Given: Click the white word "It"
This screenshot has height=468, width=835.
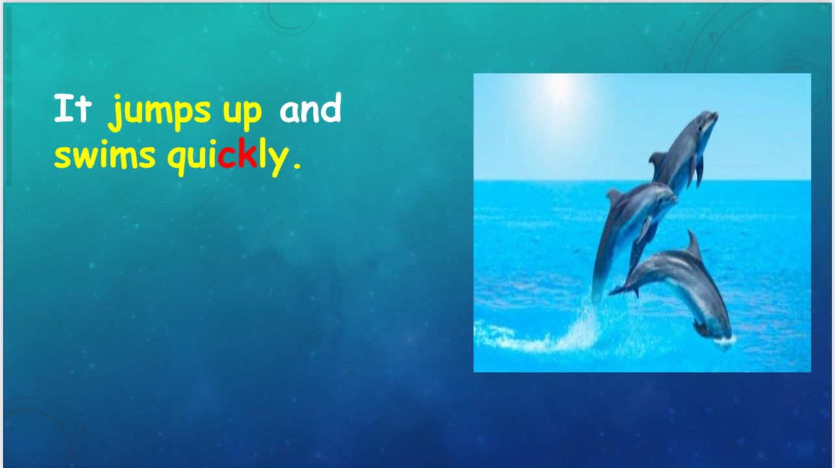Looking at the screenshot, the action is [x=73, y=108].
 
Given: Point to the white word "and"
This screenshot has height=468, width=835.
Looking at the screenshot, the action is [x=310, y=108].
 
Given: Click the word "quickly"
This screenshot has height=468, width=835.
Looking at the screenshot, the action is [x=228, y=157].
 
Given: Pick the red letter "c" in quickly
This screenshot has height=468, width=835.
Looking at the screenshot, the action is [x=227, y=158].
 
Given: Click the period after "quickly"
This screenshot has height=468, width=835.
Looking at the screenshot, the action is [x=297, y=165].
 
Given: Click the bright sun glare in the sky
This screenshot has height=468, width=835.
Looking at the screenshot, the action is [x=561, y=86].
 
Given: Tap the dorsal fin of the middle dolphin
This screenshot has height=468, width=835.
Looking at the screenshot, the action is [x=614, y=196].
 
